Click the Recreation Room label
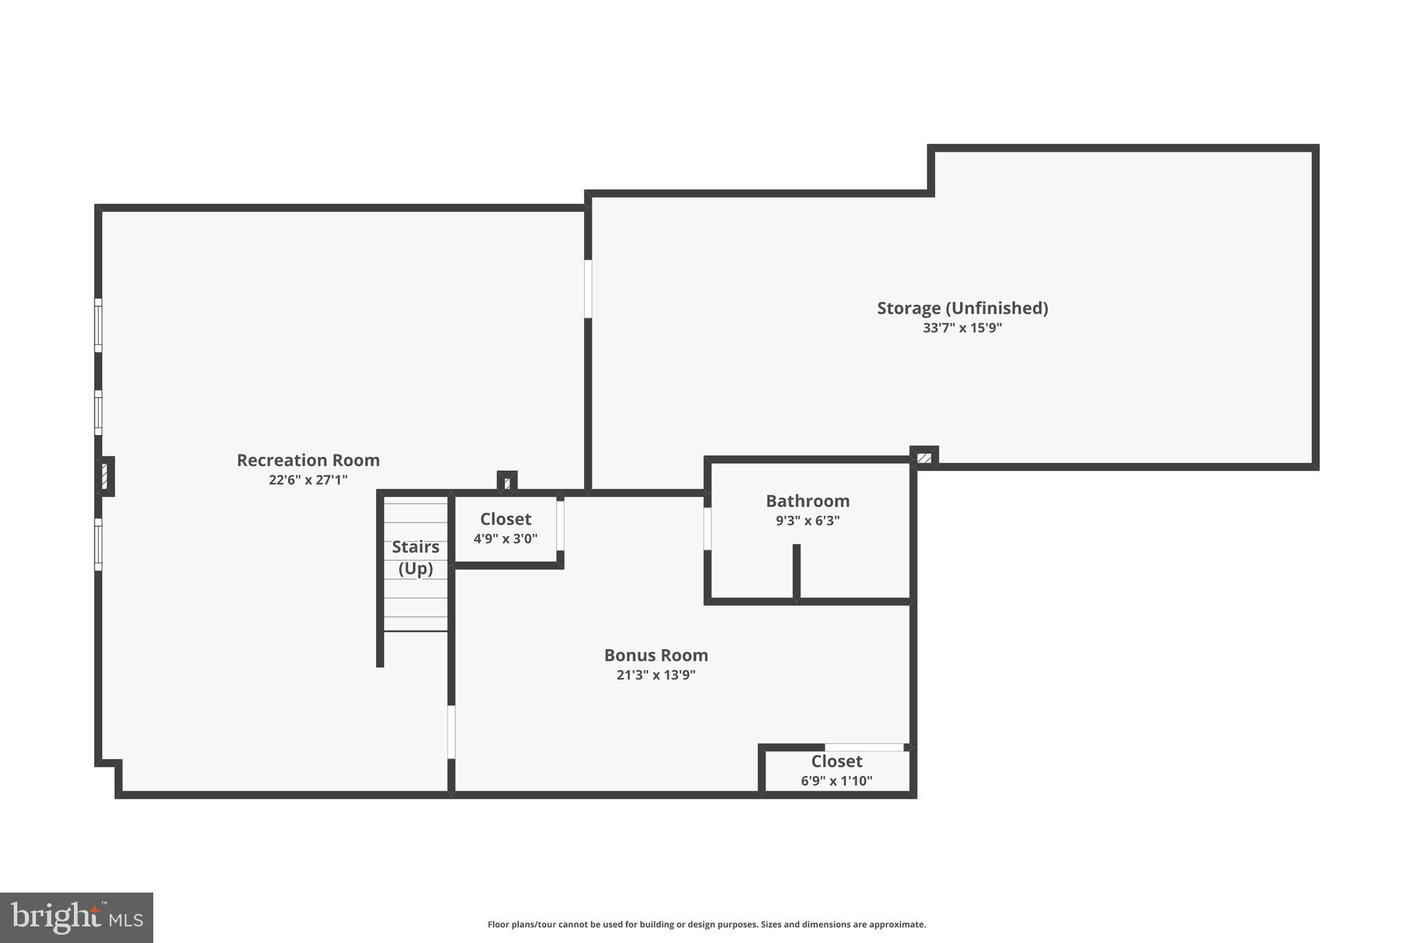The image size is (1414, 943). [308, 460]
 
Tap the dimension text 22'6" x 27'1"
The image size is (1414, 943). [308, 479]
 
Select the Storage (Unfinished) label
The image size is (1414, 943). [962, 308]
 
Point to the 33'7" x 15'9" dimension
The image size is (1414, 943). [962, 327]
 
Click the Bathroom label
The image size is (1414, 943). [807, 501]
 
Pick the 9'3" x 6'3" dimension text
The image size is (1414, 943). [807, 520]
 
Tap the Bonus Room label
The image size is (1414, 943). [656, 655]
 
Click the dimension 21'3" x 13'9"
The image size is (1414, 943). [656, 675]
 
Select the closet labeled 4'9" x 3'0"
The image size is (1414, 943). [505, 528]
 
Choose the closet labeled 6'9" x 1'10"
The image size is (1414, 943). [836, 770]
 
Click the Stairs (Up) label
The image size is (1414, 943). [416, 557]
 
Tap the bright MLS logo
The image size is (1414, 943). [77, 917]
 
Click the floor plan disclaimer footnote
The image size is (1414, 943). [706, 924]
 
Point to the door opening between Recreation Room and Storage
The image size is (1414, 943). [588, 289]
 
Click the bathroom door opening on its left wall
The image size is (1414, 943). [707, 528]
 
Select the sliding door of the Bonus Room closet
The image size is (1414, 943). [864, 747]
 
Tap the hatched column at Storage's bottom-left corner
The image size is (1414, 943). [924, 457]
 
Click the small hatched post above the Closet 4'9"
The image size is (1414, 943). [507, 482]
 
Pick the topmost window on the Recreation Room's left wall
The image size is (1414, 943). [98, 325]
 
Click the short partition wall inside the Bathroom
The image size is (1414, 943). [796, 572]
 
